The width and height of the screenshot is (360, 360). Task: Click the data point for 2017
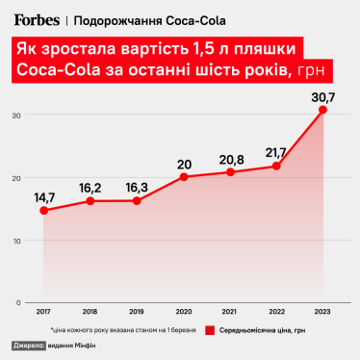[42, 210]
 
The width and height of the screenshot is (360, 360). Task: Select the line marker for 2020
[183, 177]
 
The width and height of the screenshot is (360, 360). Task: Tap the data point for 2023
[323, 110]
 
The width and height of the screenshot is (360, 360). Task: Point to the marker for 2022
[276, 167]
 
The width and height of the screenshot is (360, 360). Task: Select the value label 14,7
[46, 196]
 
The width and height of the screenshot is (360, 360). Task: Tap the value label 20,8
[230, 158]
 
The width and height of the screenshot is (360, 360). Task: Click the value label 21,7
[275, 152]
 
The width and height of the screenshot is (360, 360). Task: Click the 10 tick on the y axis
[15, 241]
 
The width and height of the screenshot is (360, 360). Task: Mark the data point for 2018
[90, 201]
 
